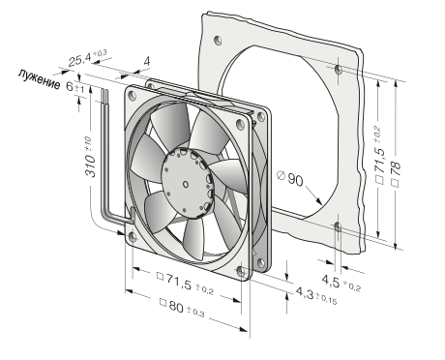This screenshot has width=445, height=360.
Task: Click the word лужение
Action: (x=39, y=78)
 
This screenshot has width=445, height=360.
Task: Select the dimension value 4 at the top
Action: (x=147, y=61)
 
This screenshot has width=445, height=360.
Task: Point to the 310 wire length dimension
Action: (x=90, y=157)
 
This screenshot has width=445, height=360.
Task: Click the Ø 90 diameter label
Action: (x=290, y=178)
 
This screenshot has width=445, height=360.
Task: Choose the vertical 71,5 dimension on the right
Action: (x=380, y=156)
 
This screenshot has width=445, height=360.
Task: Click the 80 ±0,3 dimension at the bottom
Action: (x=182, y=308)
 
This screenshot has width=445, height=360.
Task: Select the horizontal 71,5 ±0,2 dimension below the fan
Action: (x=185, y=283)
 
